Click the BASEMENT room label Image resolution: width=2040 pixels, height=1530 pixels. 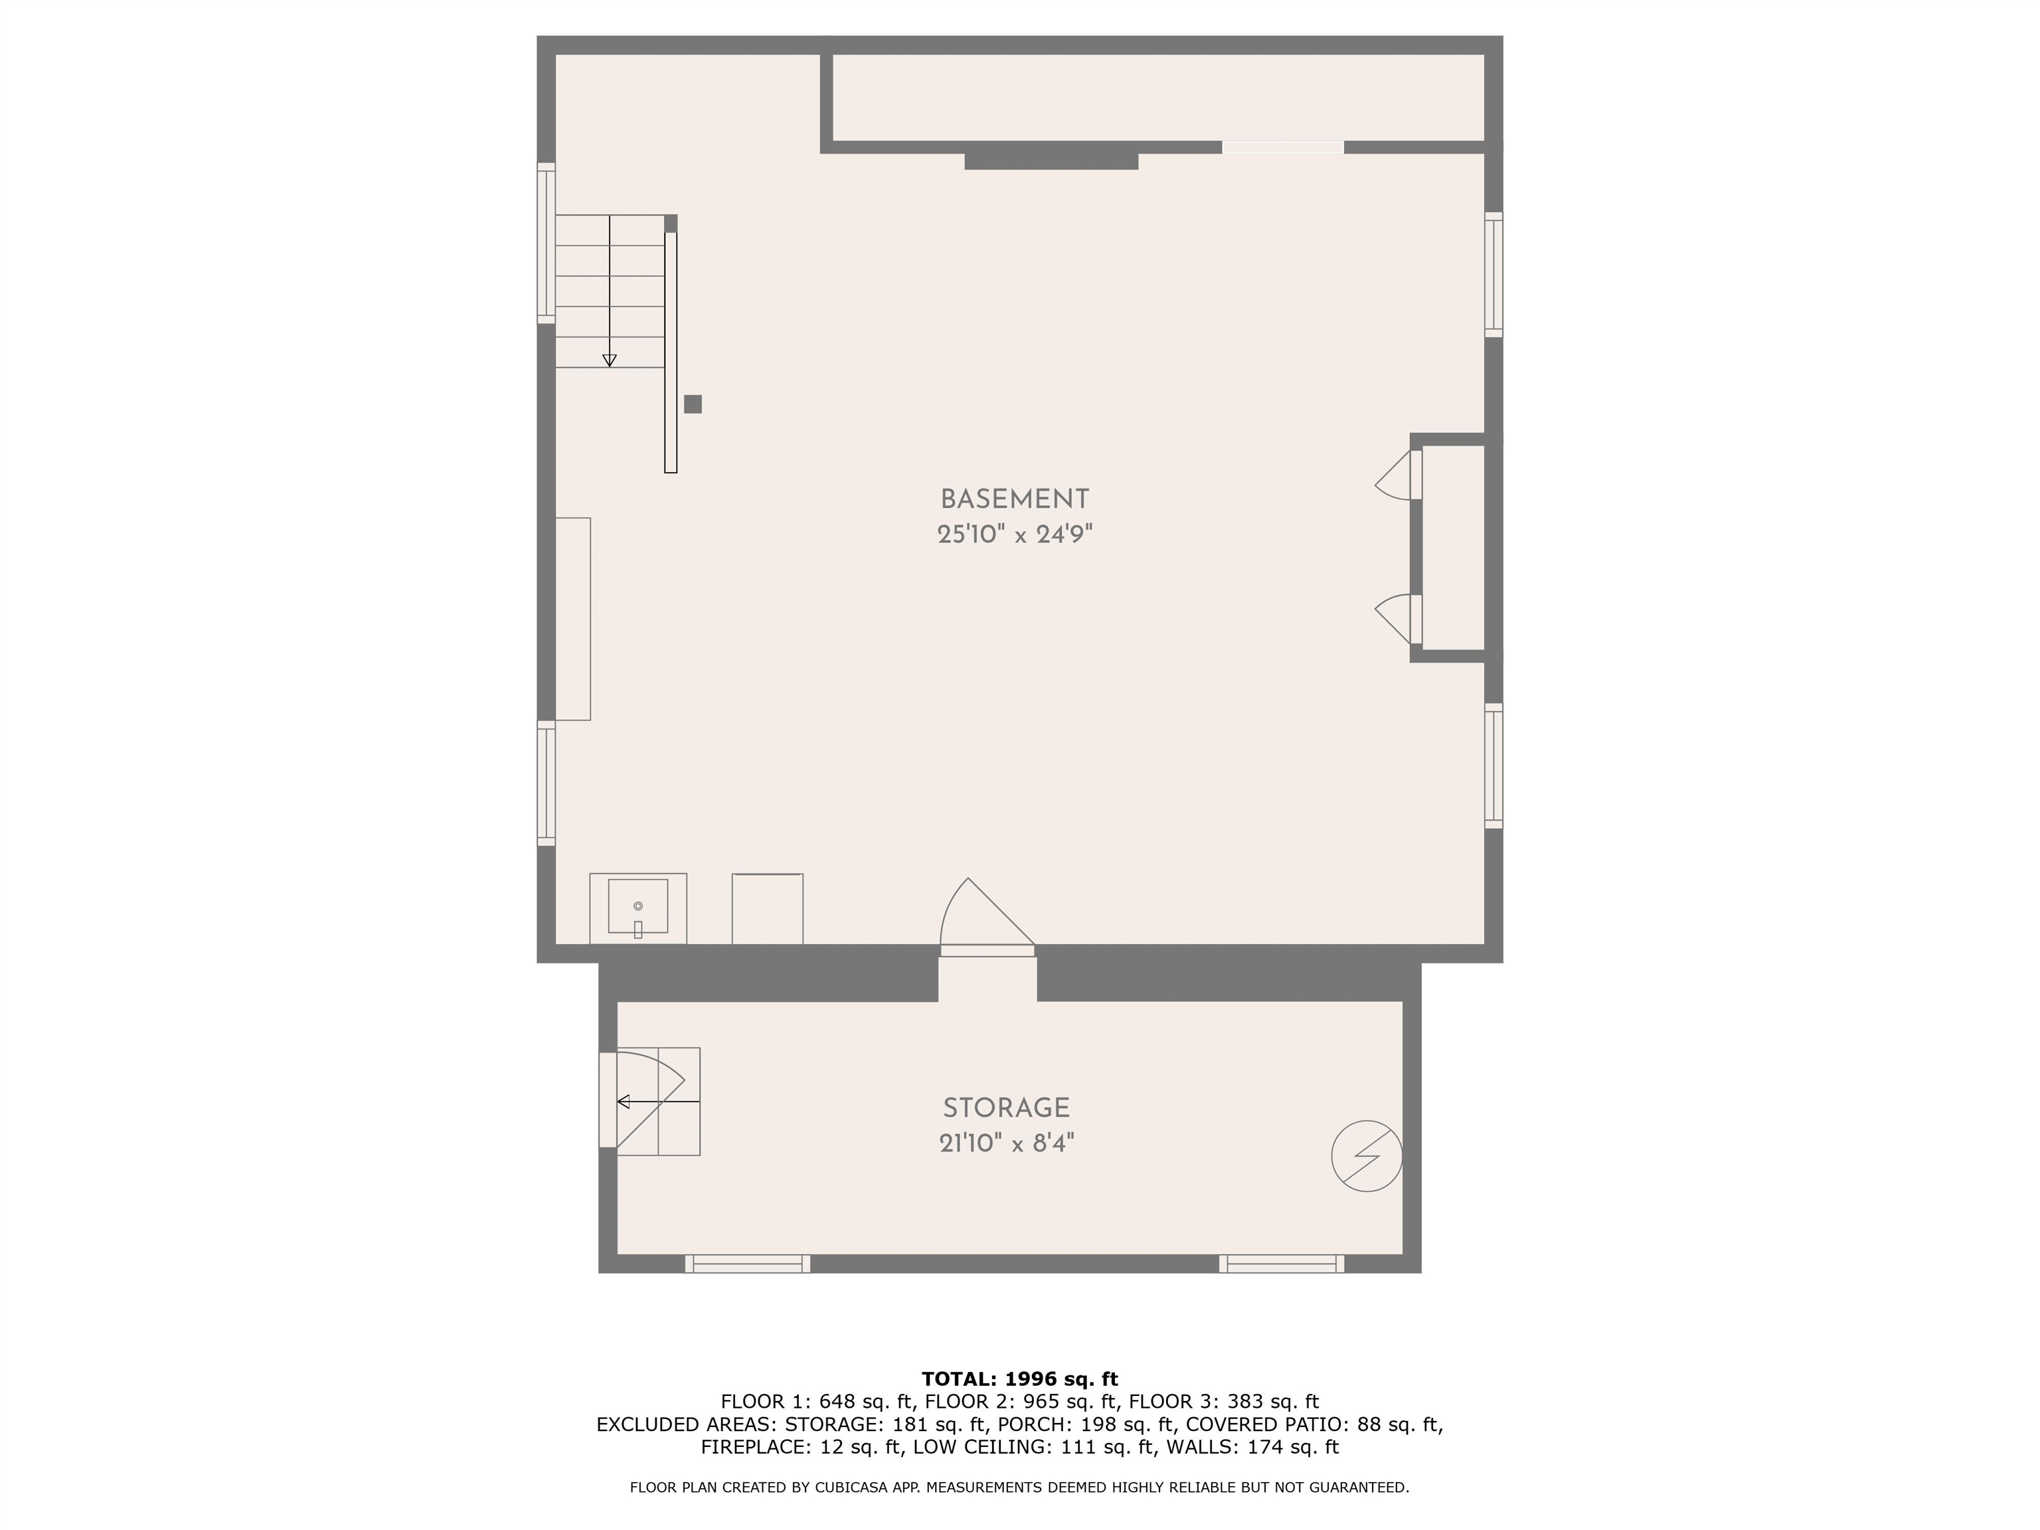1015,500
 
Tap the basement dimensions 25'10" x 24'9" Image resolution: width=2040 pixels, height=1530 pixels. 1015,535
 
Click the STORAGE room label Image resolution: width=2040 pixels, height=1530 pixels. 1006,1108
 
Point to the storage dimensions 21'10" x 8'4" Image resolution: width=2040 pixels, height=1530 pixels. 1006,1144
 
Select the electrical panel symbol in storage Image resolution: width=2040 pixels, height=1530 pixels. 1367,1155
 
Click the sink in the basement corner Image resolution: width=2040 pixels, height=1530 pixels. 638,908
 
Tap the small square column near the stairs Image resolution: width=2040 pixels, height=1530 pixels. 693,404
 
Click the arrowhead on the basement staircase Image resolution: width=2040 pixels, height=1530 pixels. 610,361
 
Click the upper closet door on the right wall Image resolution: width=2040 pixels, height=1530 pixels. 1398,475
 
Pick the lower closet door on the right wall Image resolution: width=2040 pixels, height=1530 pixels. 1398,619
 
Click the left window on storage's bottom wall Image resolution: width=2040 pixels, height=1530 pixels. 747,1264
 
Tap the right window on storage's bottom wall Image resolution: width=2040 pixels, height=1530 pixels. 1282,1264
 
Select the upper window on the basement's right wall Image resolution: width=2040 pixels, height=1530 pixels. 1493,275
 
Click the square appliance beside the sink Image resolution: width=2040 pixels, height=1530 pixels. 767,908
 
